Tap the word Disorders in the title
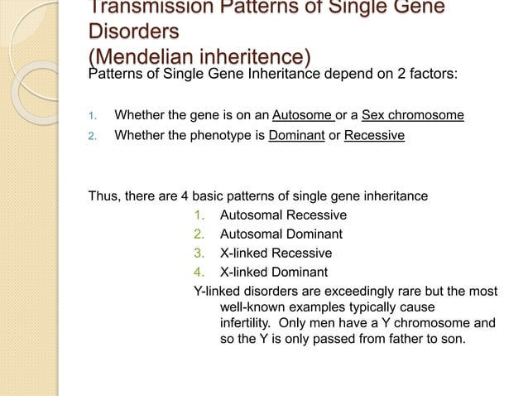point(132,31)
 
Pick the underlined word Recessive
point(374,134)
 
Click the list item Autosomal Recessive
point(283,215)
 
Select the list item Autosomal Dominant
point(281,234)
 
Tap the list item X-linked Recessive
point(276,254)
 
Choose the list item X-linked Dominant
point(273,273)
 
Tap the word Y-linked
point(216,292)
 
